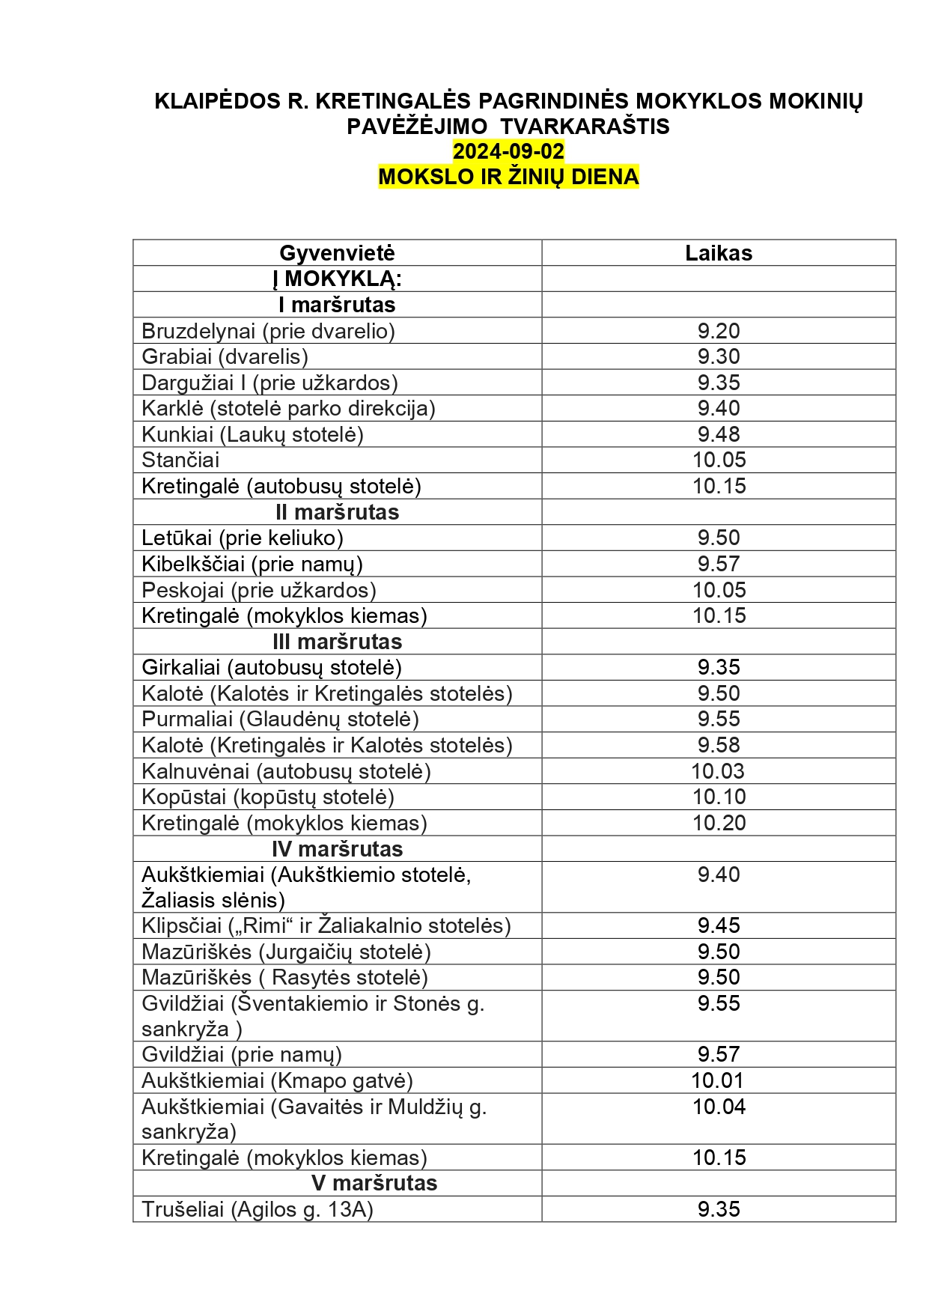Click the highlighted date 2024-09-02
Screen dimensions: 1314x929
tap(508, 151)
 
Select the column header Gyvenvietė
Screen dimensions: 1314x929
tap(337, 253)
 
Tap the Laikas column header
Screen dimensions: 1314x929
tap(719, 253)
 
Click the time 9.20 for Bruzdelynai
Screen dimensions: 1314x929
tap(719, 331)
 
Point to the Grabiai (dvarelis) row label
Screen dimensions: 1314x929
tap(225, 356)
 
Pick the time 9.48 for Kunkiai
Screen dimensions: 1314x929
tap(719, 434)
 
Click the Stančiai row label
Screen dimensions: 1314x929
tap(180, 460)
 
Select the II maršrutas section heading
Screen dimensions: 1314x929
tap(337, 512)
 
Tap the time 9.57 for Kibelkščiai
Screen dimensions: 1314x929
tap(719, 564)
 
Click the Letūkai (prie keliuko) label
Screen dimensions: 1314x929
tap(243, 538)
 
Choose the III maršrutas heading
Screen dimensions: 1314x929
tap(337, 642)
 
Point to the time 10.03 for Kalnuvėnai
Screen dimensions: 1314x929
tap(719, 771)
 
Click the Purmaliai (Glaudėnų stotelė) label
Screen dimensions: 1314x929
tap(280, 720)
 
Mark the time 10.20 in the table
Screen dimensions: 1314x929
tap(719, 823)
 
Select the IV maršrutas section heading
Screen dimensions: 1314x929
tap(337, 849)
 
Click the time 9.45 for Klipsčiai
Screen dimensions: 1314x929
tap(719, 925)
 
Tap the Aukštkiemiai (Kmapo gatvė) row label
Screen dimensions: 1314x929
tap(277, 1080)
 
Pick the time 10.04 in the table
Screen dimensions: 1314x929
tap(719, 1107)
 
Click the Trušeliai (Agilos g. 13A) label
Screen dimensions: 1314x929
tap(257, 1209)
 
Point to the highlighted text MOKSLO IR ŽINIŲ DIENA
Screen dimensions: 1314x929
tap(508, 177)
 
